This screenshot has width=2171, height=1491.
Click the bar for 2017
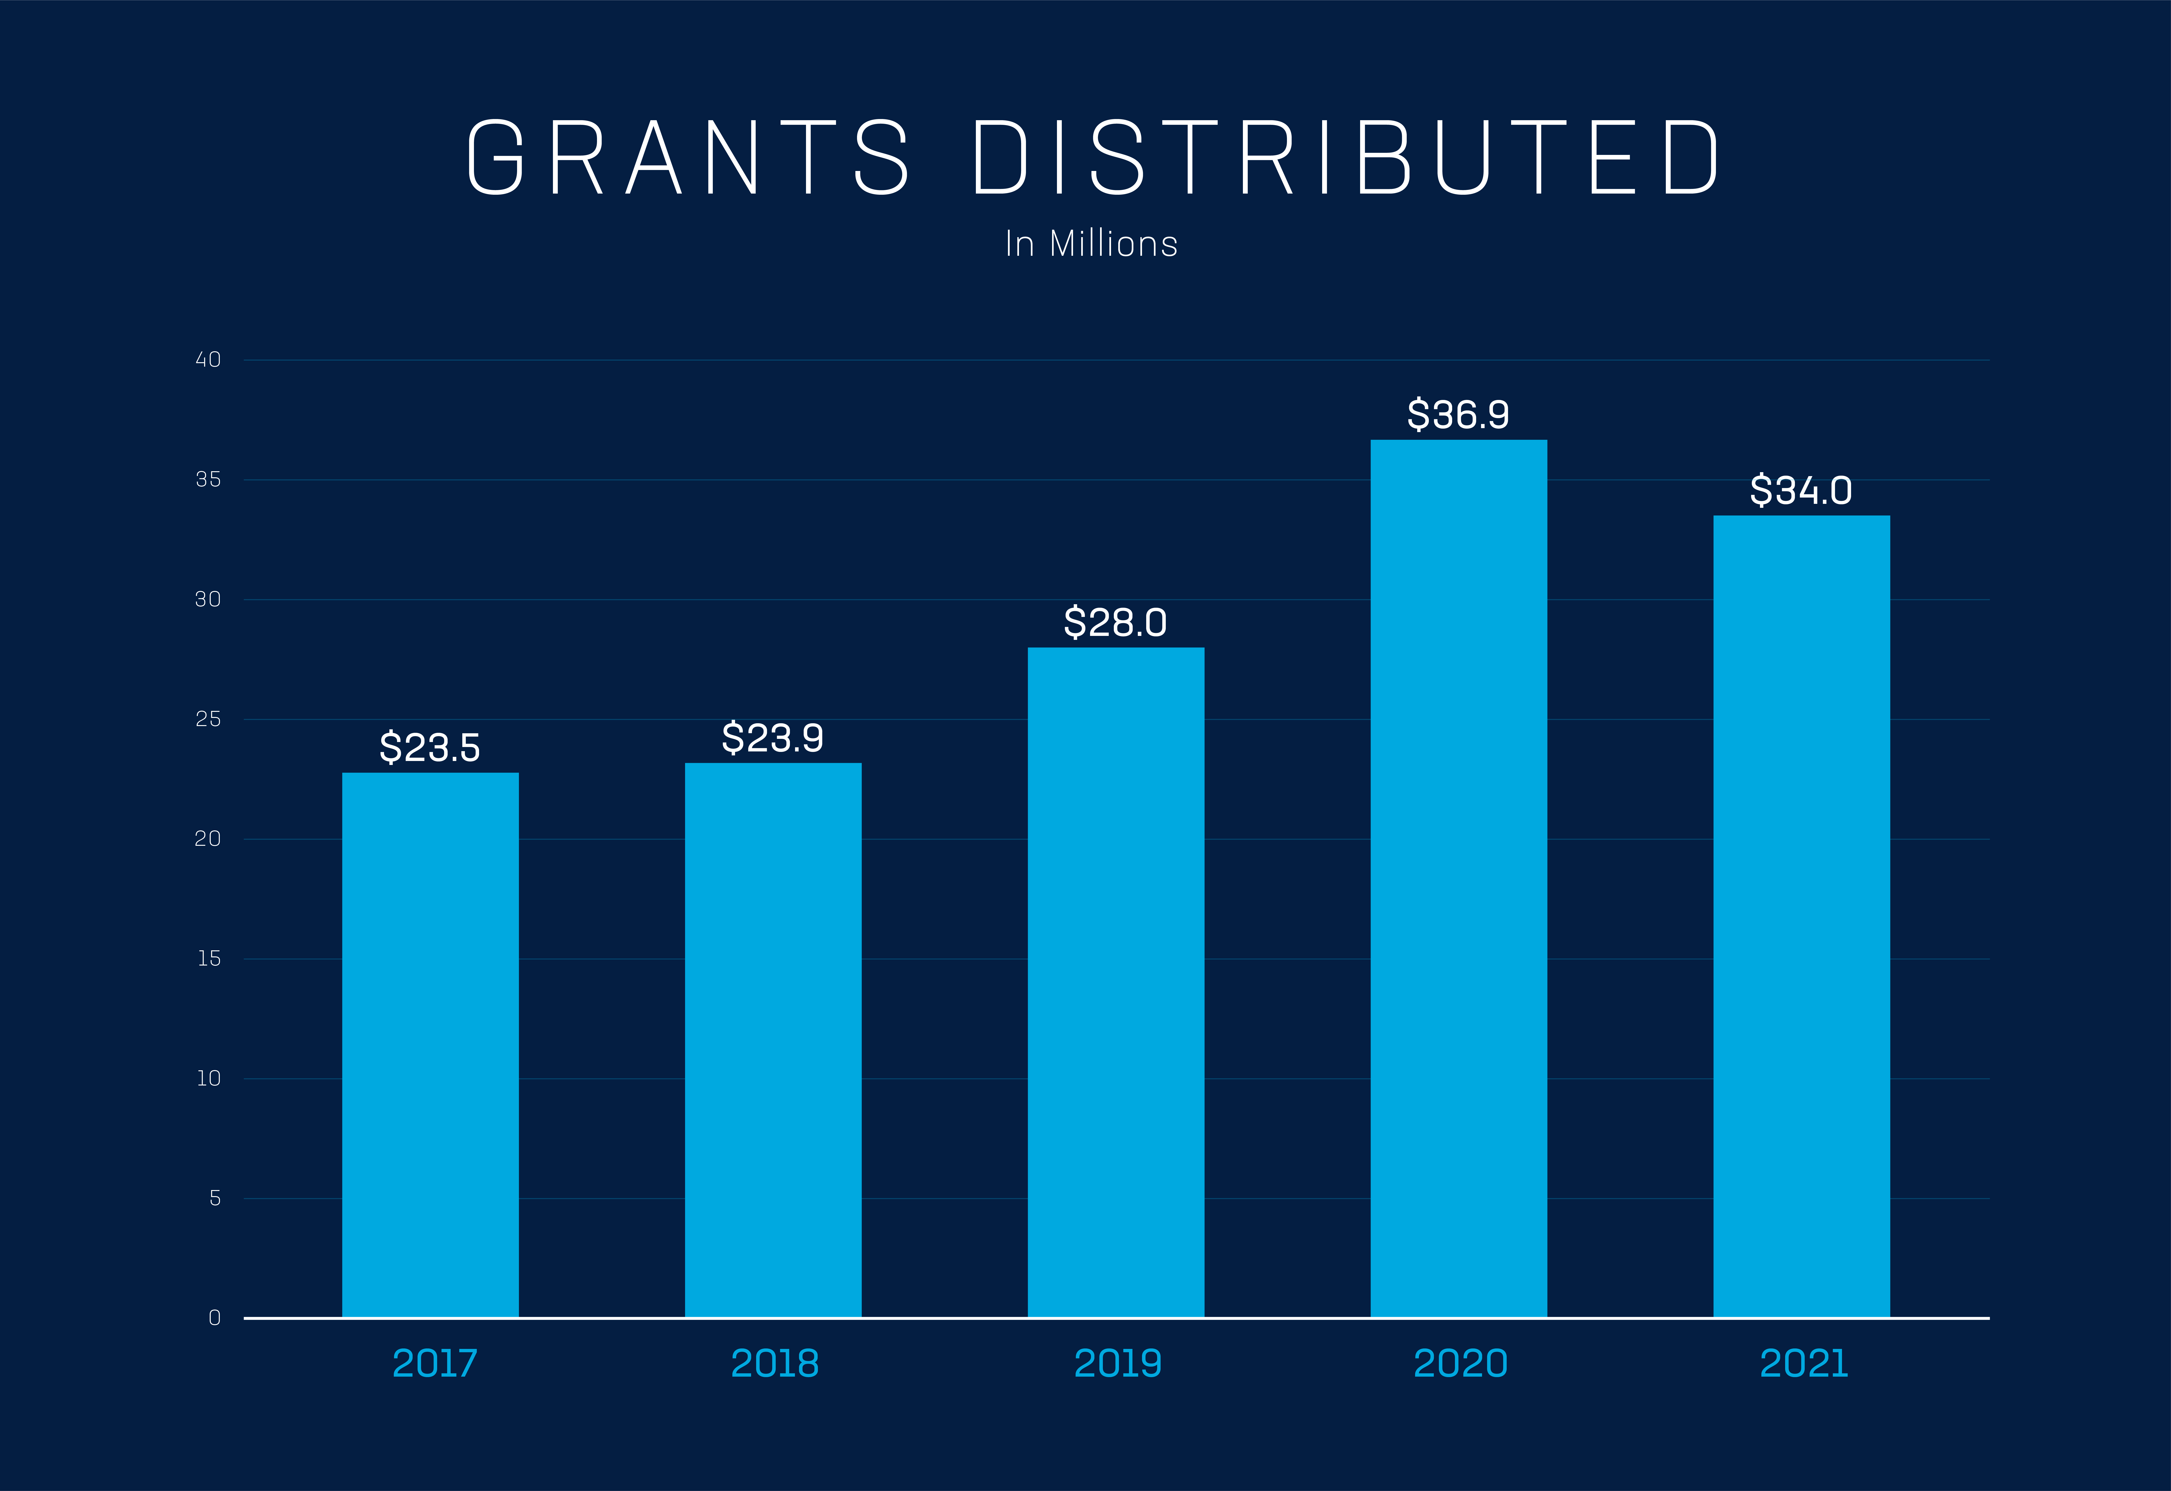coord(430,1044)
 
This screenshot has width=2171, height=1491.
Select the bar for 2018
coord(773,1040)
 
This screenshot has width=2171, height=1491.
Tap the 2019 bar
coord(1116,982)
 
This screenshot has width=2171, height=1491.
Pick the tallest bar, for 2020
coord(1459,878)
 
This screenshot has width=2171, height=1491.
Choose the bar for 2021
coord(1802,916)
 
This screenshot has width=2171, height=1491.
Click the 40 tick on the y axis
coord(207,360)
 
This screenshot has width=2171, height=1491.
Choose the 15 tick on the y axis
coord(208,959)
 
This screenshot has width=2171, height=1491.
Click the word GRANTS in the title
coord(687,157)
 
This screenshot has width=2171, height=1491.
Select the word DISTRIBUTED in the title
coord(1346,157)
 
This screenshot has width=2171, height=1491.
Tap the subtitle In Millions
coord(1091,244)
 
